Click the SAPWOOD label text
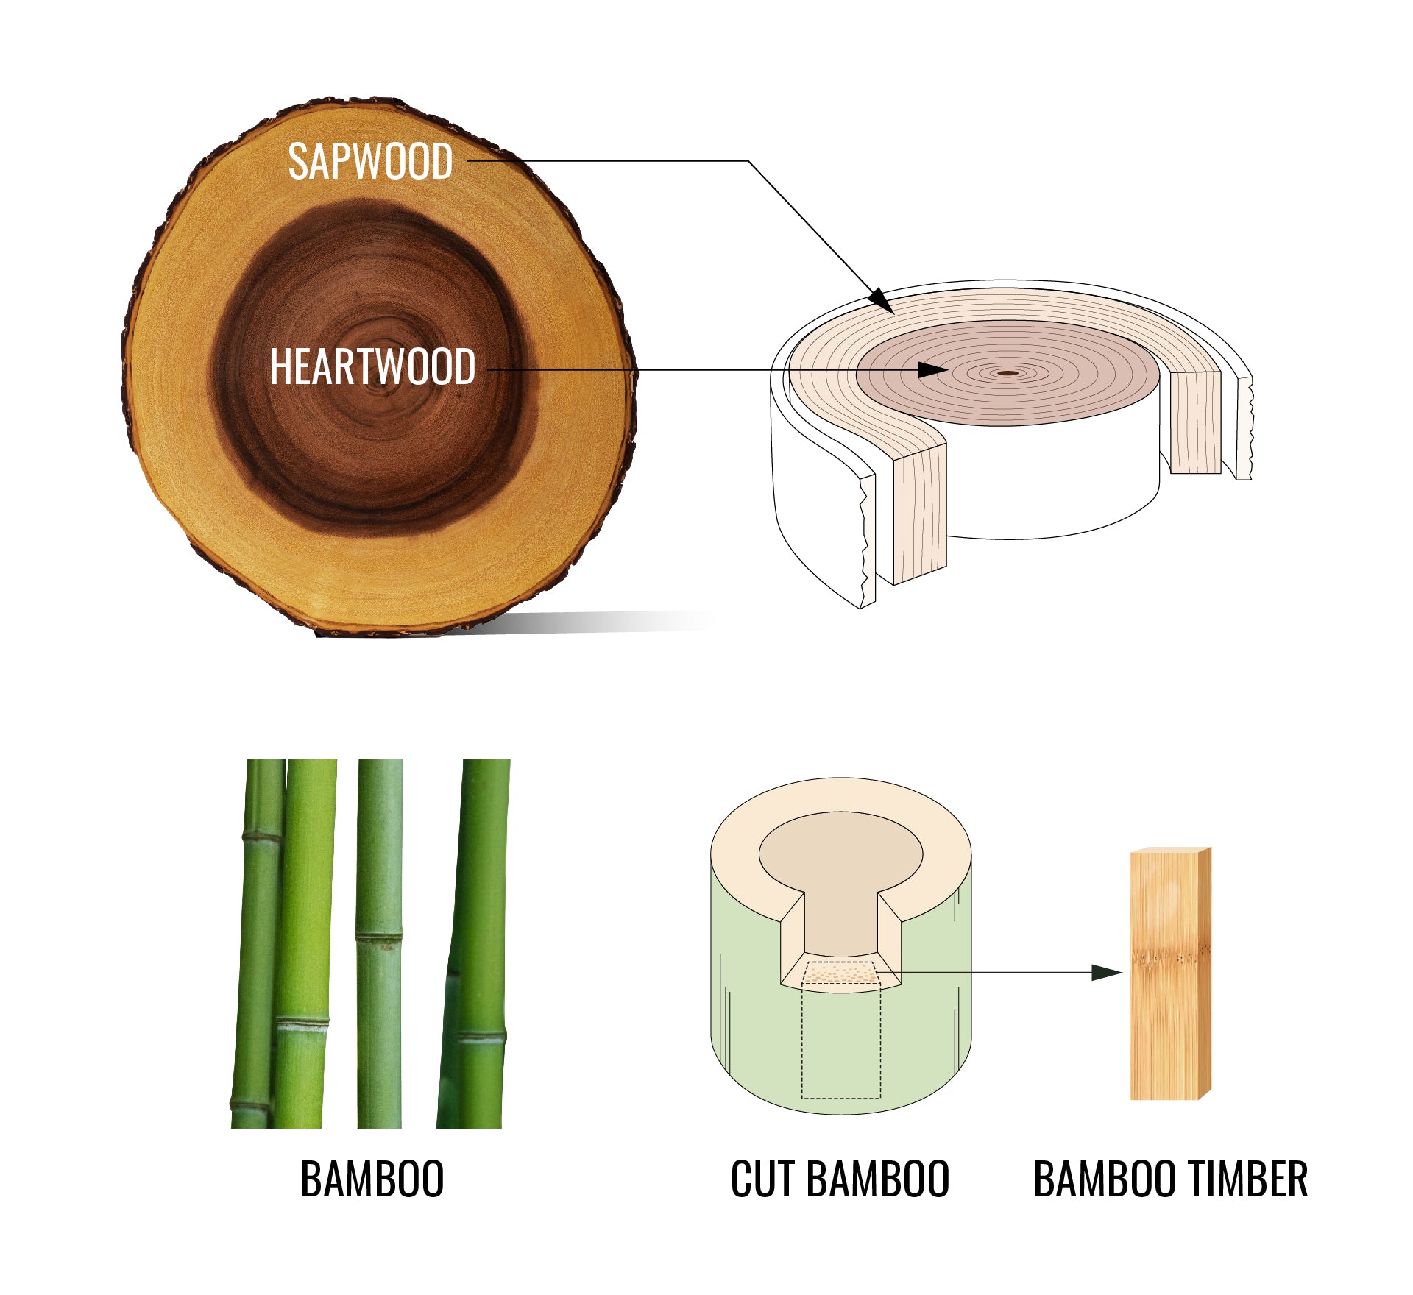point(370,162)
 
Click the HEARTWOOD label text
point(372,367)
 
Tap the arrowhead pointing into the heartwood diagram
point(933,369)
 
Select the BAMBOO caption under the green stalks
point(372,1179)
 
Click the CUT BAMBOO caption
point(840,1179)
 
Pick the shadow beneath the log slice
point(589,622)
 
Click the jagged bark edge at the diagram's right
point(1244,427)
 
